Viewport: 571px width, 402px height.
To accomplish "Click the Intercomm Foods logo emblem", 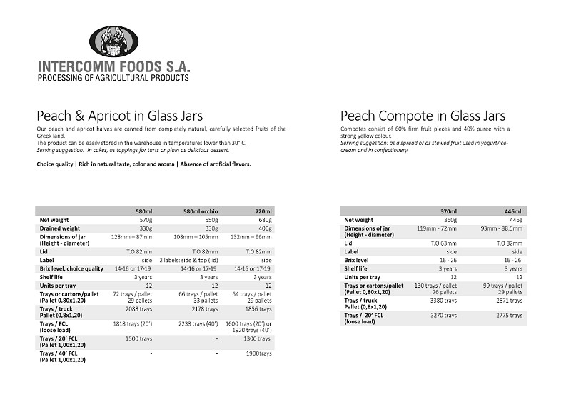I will (113, 41).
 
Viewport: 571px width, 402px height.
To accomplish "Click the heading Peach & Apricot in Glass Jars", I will (119, 116).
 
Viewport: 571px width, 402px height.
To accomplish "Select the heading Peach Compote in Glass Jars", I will (423, 116).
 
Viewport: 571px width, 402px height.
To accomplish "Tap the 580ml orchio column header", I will (201, 211).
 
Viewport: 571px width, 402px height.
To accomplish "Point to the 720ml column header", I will (263, 211).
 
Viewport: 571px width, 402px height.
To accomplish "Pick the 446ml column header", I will (512, 211).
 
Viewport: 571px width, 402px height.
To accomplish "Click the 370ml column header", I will (448, 211).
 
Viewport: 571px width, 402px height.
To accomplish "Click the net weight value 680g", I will (264, 220).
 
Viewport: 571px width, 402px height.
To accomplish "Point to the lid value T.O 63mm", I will (443, 243).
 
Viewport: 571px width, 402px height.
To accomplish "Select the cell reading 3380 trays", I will (443, 301).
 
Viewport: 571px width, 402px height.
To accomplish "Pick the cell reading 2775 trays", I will (509, 315).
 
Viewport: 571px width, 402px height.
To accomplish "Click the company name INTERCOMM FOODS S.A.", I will (113, 66).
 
